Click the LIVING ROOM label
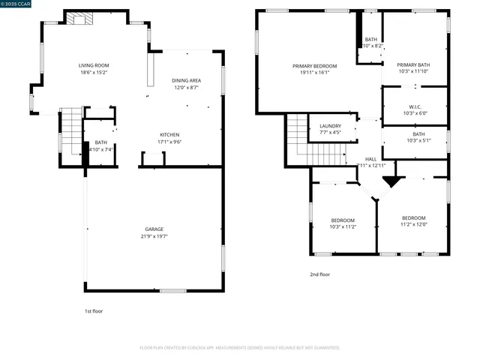94,65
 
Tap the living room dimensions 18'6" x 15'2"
94,73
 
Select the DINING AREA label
186,80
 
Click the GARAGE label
154,229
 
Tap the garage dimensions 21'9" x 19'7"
154,236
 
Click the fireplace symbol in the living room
76,19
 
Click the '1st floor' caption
94,310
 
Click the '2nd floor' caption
319,274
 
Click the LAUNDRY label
330,126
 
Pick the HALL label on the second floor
370,159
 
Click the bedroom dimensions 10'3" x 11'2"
342,226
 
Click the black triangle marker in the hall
390,181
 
